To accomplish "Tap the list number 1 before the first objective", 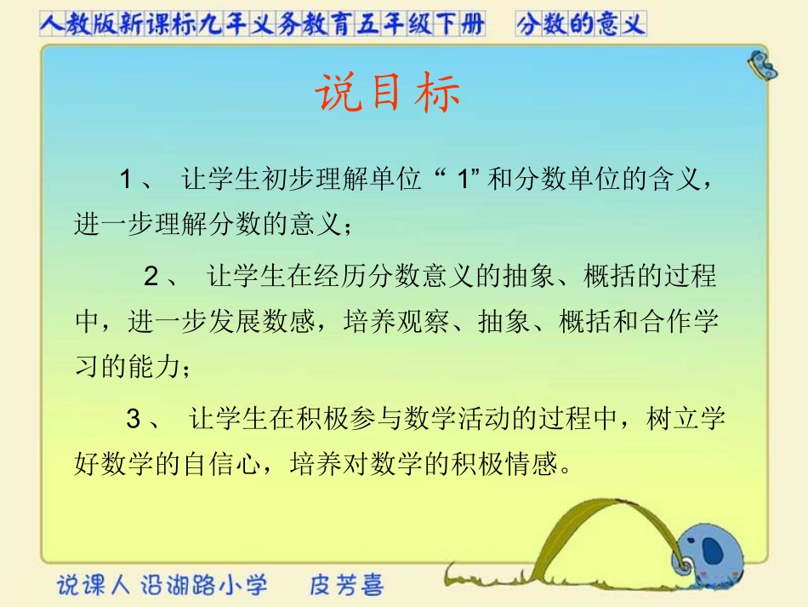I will pyautogui.click(x=126, y=180).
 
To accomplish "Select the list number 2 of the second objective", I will pyautogui.click(x=151, y=277).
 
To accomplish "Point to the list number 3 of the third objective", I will pyautogui.click(x=134, y=420).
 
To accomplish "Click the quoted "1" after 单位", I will pyautogui.click(x=464, y=180).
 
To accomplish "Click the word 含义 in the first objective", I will pyautogui.click(x=677, y=180).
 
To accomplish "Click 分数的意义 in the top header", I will pyautogui.click(x=580, y=25).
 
